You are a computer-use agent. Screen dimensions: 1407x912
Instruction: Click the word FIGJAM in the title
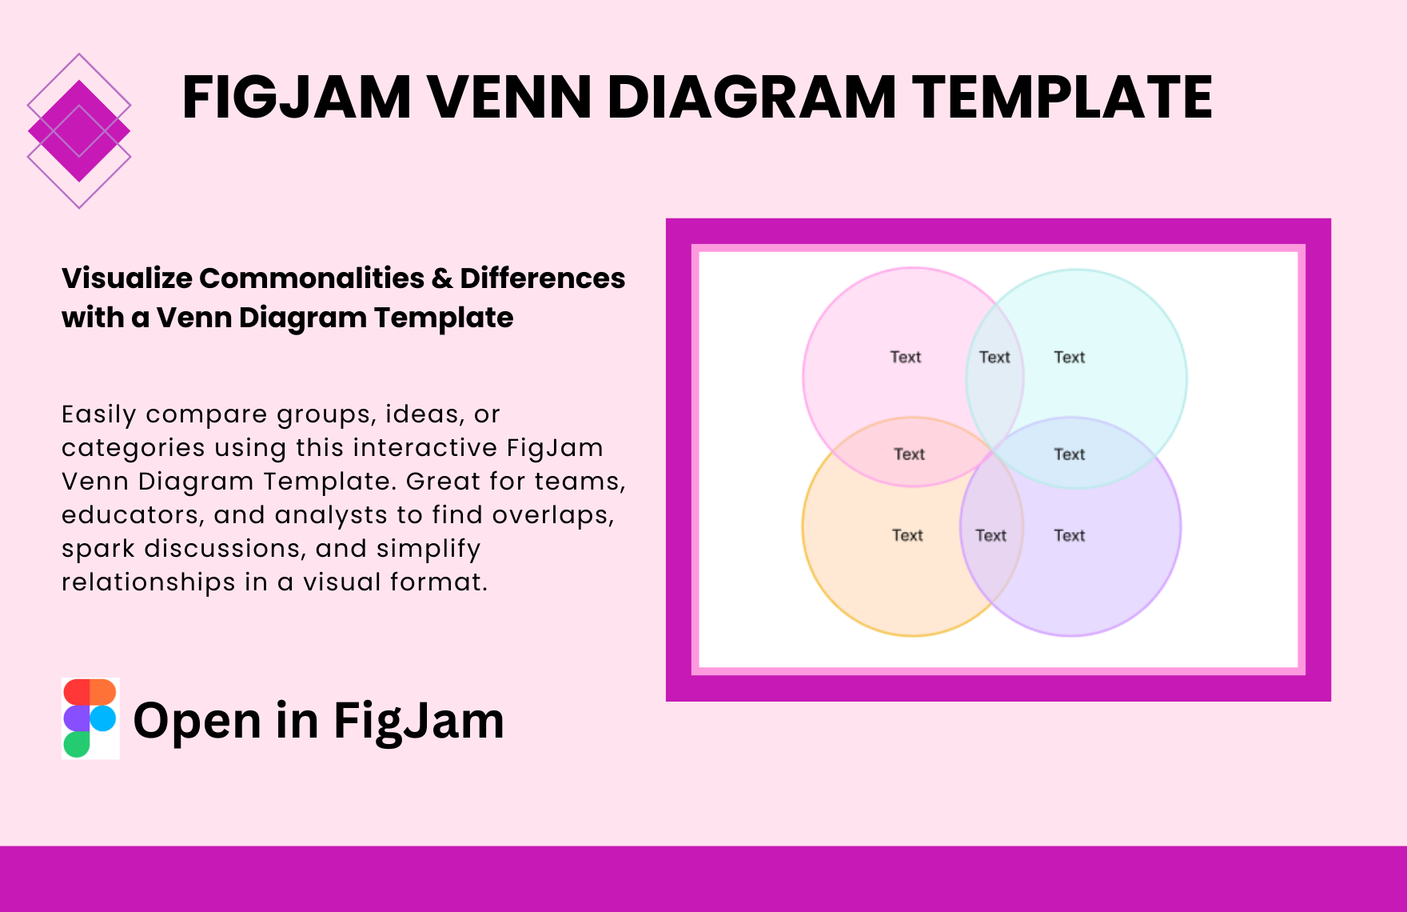coord(297,97)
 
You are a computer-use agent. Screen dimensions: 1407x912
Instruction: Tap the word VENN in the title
coord(511,97)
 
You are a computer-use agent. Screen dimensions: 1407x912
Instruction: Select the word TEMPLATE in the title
coord(1062,97)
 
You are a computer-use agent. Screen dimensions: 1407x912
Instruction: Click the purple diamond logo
coord(79,131)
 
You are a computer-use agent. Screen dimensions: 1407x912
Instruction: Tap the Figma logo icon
coord(90,718)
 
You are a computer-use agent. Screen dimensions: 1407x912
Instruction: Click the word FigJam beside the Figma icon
coord(419,721)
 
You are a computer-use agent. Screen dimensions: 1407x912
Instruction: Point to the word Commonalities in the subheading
coord(312,278)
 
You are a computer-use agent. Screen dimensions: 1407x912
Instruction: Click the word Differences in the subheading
coord(543,278)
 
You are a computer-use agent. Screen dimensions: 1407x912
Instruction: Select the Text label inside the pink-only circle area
coord(906,357)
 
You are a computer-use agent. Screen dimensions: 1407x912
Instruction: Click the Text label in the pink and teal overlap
coord(994,357)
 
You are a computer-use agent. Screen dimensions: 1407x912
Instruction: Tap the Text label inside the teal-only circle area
coord(1070,357)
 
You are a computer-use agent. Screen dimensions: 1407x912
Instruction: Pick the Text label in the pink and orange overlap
coord(909,454)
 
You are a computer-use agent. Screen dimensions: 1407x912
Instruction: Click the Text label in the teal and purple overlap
coord(1070,454)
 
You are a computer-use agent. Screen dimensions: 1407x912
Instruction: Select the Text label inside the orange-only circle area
coord(907,535)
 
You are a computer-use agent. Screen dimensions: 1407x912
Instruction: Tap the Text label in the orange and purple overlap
coord(990,535)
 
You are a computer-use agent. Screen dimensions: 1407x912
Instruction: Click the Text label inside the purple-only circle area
coord(1070,535)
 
